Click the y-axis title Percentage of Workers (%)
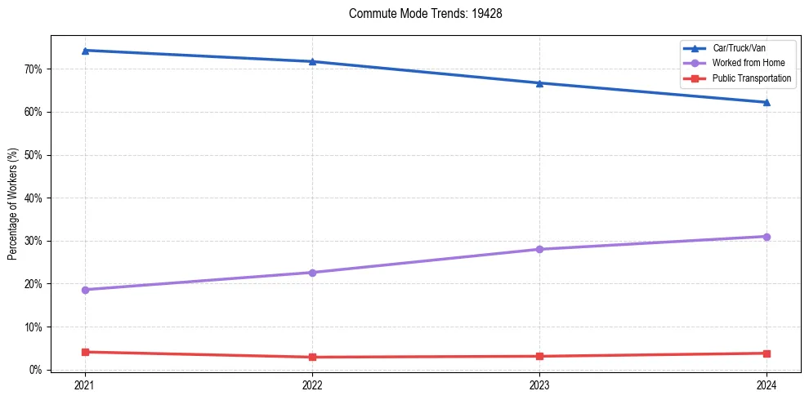[x=13, y=203]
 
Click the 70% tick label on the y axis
[x=34, y=69]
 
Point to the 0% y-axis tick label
[x=37, y=370]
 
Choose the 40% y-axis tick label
[x=34, y=198]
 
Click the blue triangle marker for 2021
[x=85, y=51]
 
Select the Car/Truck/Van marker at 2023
[x=539, y=83]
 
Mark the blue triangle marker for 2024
[x=767, y=102]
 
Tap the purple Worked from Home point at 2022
[x=312, y=273]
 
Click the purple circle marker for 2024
[x=767, y=237]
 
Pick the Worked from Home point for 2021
[x=85, y=290]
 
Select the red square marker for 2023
[x=539, y=356]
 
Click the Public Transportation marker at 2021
[x=85, y=352]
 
